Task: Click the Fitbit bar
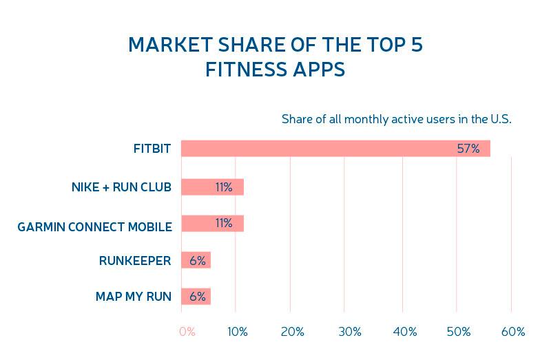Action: pos(335,148)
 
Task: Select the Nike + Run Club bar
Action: pos(213,187)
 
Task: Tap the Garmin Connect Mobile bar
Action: pos(213,224)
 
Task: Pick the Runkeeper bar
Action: pos(196,260)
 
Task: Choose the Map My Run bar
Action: pos(196,296)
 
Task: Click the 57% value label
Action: pos(468,149)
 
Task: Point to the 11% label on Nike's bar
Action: pos(224,187)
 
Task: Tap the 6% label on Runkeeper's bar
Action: pos(198,260)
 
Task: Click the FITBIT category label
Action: pos(152,149)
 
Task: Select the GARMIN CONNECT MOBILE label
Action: pos(95,227)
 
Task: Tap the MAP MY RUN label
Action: pos(134,297)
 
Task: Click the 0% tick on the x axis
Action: pos(187,332)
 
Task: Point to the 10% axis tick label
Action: pos(238,332)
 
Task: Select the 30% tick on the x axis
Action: pos(350,332)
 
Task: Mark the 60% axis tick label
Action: pos(513,332)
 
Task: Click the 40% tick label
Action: pos(405,332)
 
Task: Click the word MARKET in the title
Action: pos(170,45)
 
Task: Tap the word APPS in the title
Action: pos(319,70)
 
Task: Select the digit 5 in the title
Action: pos(417,45)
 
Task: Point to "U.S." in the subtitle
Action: pos(501,119)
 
